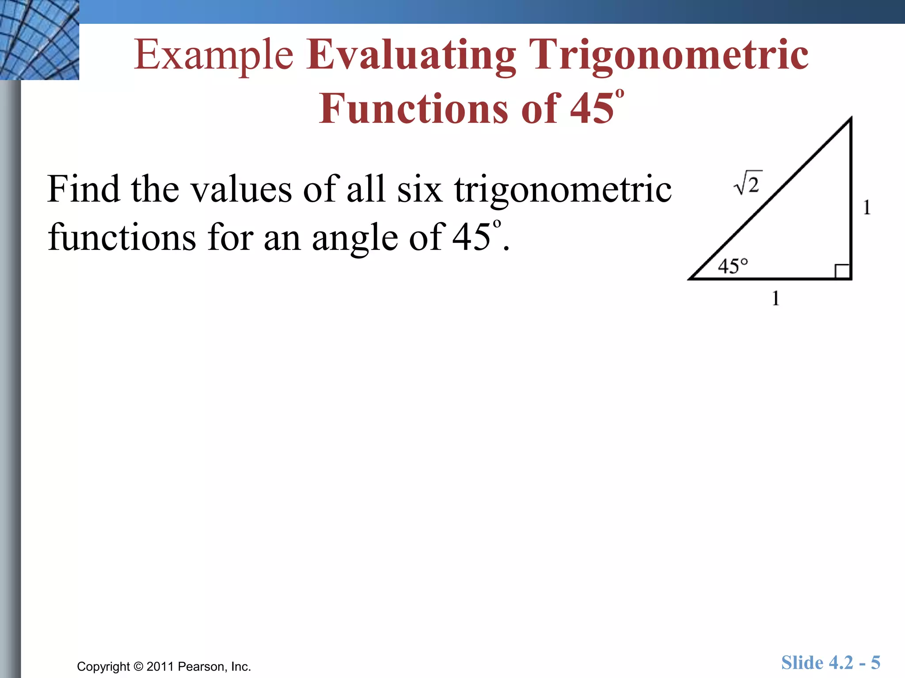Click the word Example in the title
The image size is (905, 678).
(x=213, y=55)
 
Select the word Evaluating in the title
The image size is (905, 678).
(x=411, y=55)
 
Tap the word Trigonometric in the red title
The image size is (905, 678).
(x=671, y=55)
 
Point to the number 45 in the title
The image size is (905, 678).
(x=591, y=109)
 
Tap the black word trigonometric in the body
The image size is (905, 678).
(x=563, y=190)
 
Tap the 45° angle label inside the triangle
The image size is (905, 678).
(x=733, y=266)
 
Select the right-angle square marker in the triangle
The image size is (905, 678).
(x=842, y=271)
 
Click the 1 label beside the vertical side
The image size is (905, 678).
(x=867, y=207)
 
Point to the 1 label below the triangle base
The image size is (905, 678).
(x=776, y=298)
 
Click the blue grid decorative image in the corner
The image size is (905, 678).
(x=39, y=40)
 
